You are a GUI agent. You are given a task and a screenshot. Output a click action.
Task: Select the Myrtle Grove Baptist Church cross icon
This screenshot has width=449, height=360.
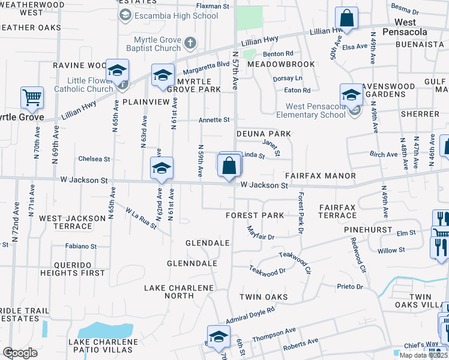click(x=190, y=43)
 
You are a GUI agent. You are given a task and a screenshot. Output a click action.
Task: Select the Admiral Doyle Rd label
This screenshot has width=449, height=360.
click(x=250, y=314)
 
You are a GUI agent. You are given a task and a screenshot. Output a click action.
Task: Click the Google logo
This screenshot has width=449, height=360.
click(x=20, y=352)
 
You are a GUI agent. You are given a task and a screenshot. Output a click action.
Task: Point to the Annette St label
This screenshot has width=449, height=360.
click(x=214, y=120)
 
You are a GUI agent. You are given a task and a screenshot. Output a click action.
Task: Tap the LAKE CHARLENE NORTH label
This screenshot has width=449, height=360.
click(x=178, y=292)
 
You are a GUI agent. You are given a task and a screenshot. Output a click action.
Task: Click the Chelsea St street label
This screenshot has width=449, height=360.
click(x=94, y=160)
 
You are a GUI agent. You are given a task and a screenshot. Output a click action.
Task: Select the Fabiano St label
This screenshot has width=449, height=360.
click(x=82, y=246)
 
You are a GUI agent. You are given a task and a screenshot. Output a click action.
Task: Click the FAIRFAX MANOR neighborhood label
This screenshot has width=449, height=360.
click(x=320, y=176)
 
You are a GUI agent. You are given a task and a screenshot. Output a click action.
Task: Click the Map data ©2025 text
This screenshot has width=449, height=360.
click(x=424, y=355)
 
